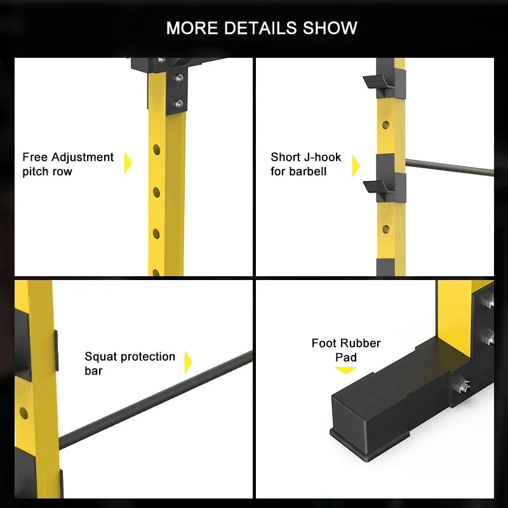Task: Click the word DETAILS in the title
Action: click(x=260, y=28)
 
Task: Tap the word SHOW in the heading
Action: click(x=330, y=28)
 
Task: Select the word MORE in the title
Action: click(x=192, y=28)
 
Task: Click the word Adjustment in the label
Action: click(x=83, y=157)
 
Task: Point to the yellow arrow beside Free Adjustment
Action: click(x=128, y=163)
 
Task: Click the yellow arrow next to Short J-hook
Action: click(x=356, y=166)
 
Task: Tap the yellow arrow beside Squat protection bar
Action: click(x=188, y=362)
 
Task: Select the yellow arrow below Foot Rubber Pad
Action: click(x=345, y=370)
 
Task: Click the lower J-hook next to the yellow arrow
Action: click(x=378, y=187)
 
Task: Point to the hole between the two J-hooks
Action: click(x=385, y=124)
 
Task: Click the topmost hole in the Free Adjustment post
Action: click(x=156, y=150)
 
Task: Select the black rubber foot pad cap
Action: click(x=370, y=418)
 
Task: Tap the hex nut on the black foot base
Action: click(x=462, y=385)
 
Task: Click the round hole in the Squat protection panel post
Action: click(x=23, y=412)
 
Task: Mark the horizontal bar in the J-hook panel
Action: click(x=450, y=168)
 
